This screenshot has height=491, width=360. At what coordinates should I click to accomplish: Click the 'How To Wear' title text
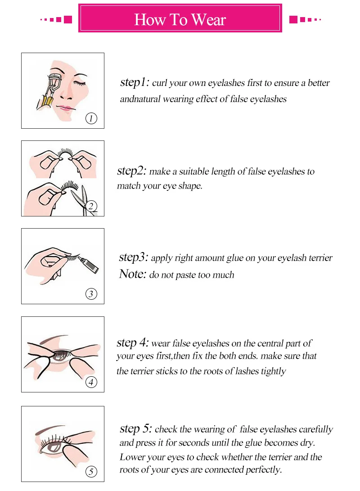coord(180,20)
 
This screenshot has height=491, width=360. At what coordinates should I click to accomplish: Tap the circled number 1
coord(91,119)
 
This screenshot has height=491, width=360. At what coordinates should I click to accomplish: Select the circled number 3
coord(91,294)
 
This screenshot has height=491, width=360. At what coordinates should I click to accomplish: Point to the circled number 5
coord(91,472)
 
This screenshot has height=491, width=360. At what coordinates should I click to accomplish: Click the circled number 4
coord(91,383)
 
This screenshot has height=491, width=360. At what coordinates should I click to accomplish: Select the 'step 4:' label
coord(132,342)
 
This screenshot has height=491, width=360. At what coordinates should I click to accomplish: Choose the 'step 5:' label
coord(135,428)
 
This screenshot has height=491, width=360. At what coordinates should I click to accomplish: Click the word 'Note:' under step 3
coord(132,274)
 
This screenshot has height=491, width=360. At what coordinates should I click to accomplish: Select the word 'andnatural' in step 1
coord(137,99)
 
